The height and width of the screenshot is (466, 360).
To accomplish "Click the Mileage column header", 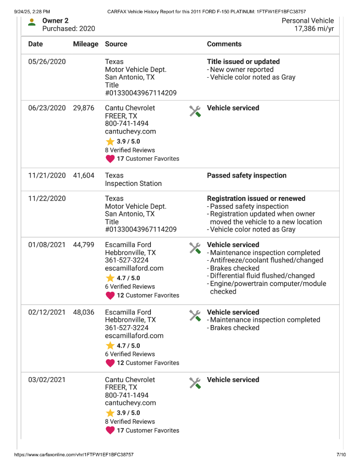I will tap(85, 44).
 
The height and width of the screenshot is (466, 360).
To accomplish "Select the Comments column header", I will tap(224, 44).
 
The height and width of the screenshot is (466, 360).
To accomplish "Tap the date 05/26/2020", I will tap(47, 62).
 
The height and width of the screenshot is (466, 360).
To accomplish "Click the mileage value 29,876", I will tap(83, 108).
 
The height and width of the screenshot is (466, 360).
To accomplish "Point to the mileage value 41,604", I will tap(83, 176).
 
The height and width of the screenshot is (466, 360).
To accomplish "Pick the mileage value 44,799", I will tap(83, 245).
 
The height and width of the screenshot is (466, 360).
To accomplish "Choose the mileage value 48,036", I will tap(83, 313).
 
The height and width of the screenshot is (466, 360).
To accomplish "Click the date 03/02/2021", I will tap(47, 380).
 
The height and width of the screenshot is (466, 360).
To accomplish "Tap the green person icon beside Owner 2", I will tap(32, 22).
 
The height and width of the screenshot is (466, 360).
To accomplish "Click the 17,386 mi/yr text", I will tap(314, 29).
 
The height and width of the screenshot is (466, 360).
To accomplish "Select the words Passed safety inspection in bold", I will tap(246, 176).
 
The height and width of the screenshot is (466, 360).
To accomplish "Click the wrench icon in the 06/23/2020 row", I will tap(195, 112).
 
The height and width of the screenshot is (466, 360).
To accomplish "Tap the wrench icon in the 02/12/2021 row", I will tap(195, 316).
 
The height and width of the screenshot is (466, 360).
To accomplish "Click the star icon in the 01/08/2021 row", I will tap(110, 278).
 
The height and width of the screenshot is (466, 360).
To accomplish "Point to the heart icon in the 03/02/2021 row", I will tap(110, 431).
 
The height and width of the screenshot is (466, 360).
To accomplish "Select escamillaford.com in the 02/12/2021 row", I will tap(134, 336).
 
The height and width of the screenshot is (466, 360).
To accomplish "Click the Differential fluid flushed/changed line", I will tap(262, 276).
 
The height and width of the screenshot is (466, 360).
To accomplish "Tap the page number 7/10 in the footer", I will tap(341, 455).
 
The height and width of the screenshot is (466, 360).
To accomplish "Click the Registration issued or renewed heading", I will tap(256, 199).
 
